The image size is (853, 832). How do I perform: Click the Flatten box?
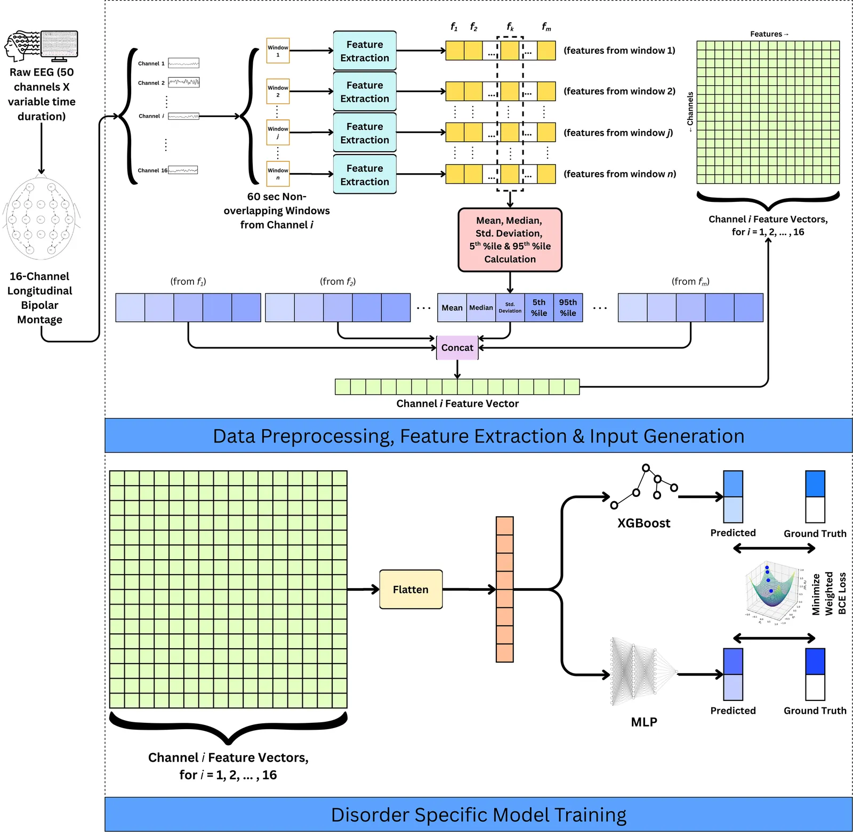(x=411, y=589)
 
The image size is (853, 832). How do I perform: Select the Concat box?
(x=457, y=348)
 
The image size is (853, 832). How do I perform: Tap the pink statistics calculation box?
(x=510, y=240)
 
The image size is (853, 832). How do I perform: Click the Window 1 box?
(x=278, y=51)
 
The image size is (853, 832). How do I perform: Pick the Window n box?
(x=278, y=174)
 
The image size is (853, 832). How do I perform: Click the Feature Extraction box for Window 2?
(x=365, y=92)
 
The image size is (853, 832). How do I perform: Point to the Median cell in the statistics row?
(x=481, y=308)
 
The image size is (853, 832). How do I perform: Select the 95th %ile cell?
(x=568, y=308)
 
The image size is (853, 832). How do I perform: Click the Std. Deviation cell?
(x=510, y=308)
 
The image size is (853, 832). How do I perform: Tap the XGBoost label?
(x=643, y=523)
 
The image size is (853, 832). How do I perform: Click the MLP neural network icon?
(x=642, y=672)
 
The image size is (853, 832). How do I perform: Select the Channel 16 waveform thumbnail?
(x=183, y=170)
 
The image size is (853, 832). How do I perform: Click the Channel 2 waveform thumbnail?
(x=184, y=83)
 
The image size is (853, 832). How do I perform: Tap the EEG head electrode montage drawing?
(x=42, y=218)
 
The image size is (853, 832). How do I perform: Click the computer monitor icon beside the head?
(x=59, y=44)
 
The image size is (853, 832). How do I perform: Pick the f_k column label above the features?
(x=510, y=27)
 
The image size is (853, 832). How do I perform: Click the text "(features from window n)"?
(x=619, y=174)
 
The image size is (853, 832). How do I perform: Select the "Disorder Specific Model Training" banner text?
(x=478, y=815)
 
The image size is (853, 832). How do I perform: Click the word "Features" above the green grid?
(x=766, y=34)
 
